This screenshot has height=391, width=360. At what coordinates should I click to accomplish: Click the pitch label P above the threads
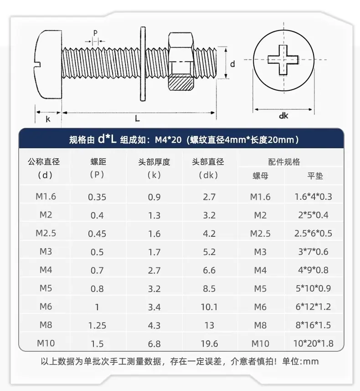pos(95,33)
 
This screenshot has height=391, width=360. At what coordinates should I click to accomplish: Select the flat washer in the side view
pos(143,64)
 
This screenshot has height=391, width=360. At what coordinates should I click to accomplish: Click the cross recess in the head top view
pos(283,60)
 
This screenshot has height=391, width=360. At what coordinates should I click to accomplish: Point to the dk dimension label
pos(283,116)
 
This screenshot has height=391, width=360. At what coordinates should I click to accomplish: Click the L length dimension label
pos(137,119)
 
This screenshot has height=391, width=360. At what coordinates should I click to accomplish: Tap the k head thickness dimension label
pos(48,119)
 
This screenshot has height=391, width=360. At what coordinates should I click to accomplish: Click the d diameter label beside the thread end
pos(232,64)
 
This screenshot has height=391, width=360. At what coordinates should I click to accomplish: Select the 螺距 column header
pos(98,162)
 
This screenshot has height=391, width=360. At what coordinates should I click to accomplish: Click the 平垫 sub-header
pos(315,176)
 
